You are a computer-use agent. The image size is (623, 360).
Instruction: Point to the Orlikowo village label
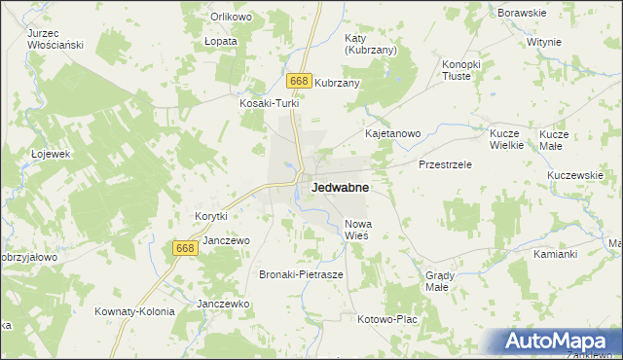231,17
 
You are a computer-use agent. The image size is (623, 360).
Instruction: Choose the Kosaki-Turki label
267,102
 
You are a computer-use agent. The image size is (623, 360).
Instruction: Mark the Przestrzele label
445,164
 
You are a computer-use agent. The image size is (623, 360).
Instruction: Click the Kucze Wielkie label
506,138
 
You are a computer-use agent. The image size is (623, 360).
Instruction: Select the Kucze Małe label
553,138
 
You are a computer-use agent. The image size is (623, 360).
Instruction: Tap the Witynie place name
544,43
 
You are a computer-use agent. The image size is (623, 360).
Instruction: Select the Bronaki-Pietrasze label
301,275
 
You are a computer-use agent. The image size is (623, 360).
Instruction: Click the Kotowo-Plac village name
387,319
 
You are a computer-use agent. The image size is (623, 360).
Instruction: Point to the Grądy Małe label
437,281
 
